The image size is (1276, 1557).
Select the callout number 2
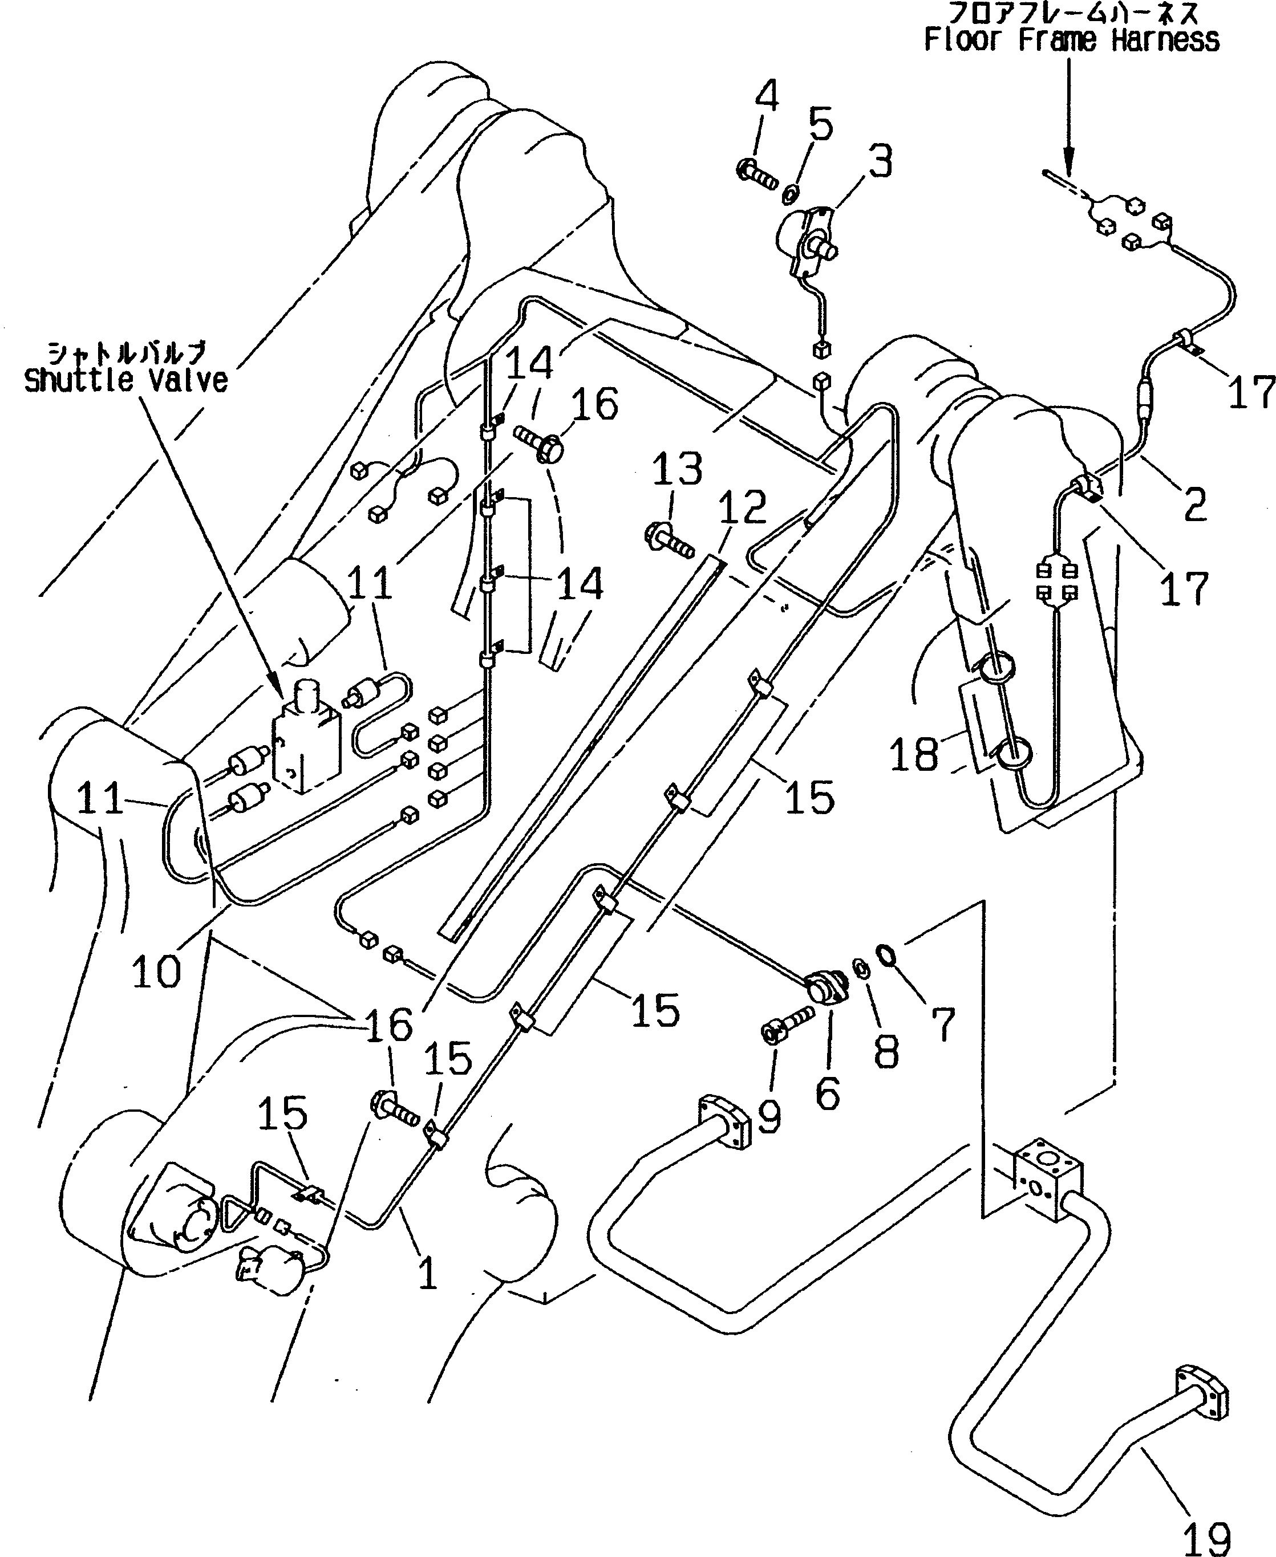pyautogui.click(x=1194, y=503)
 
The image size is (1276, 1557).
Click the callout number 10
pyautogui.click(x=156, y=972)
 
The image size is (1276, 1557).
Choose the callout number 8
pyautogui.click(x=886, y=1051)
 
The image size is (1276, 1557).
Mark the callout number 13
pyautogui.click(x=677, y=469)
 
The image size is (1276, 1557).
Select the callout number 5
pyautogui.click(x=820, y=124)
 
